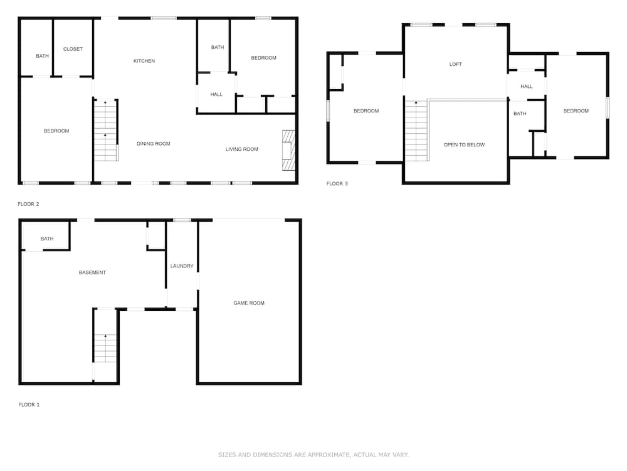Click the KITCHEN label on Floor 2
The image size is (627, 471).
pyautogui.click(x=144, y=61)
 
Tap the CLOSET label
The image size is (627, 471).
pyautogui.click(x=73, y=49)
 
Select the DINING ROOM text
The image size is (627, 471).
pyautogui.click(x=154, y=143)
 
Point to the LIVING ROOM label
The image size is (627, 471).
pyautogui.click(x=241, y=149)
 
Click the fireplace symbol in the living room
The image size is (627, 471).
pyautogui.click(x=288, y=151)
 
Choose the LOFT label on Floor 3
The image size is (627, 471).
pyautogui.click(x=455, y=64)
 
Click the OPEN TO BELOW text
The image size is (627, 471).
pyautogui.click(x=464, y=144)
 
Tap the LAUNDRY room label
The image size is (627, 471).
pyautogui.click(x=182, y=266)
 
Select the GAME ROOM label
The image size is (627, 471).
pyautogui.click(x=249, y=303)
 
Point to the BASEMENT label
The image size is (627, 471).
pyautogui.click(x=92, y=273)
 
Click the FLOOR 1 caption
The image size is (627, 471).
pyautogui.click(x=29, y=404)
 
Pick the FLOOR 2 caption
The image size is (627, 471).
pyautogui.click(x=28, y=204)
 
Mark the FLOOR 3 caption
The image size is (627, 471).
pyautogui.click(x=337, y=183)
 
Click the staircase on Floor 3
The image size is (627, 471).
pyautogui.click(x=417, y=131)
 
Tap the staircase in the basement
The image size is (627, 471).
pyautogui.click(x=105, y=348)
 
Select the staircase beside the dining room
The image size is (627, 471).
pyautogui.click(x=105, y=131)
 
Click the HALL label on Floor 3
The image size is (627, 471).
pyautogui.click(x=527, y=86)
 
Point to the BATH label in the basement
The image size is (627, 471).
pyautogui.click(x=47, y=238)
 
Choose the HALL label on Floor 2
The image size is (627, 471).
pyautogui.click(x=216, y=95)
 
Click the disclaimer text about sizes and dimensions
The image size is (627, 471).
pyautogui.click(x=313, y=455)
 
